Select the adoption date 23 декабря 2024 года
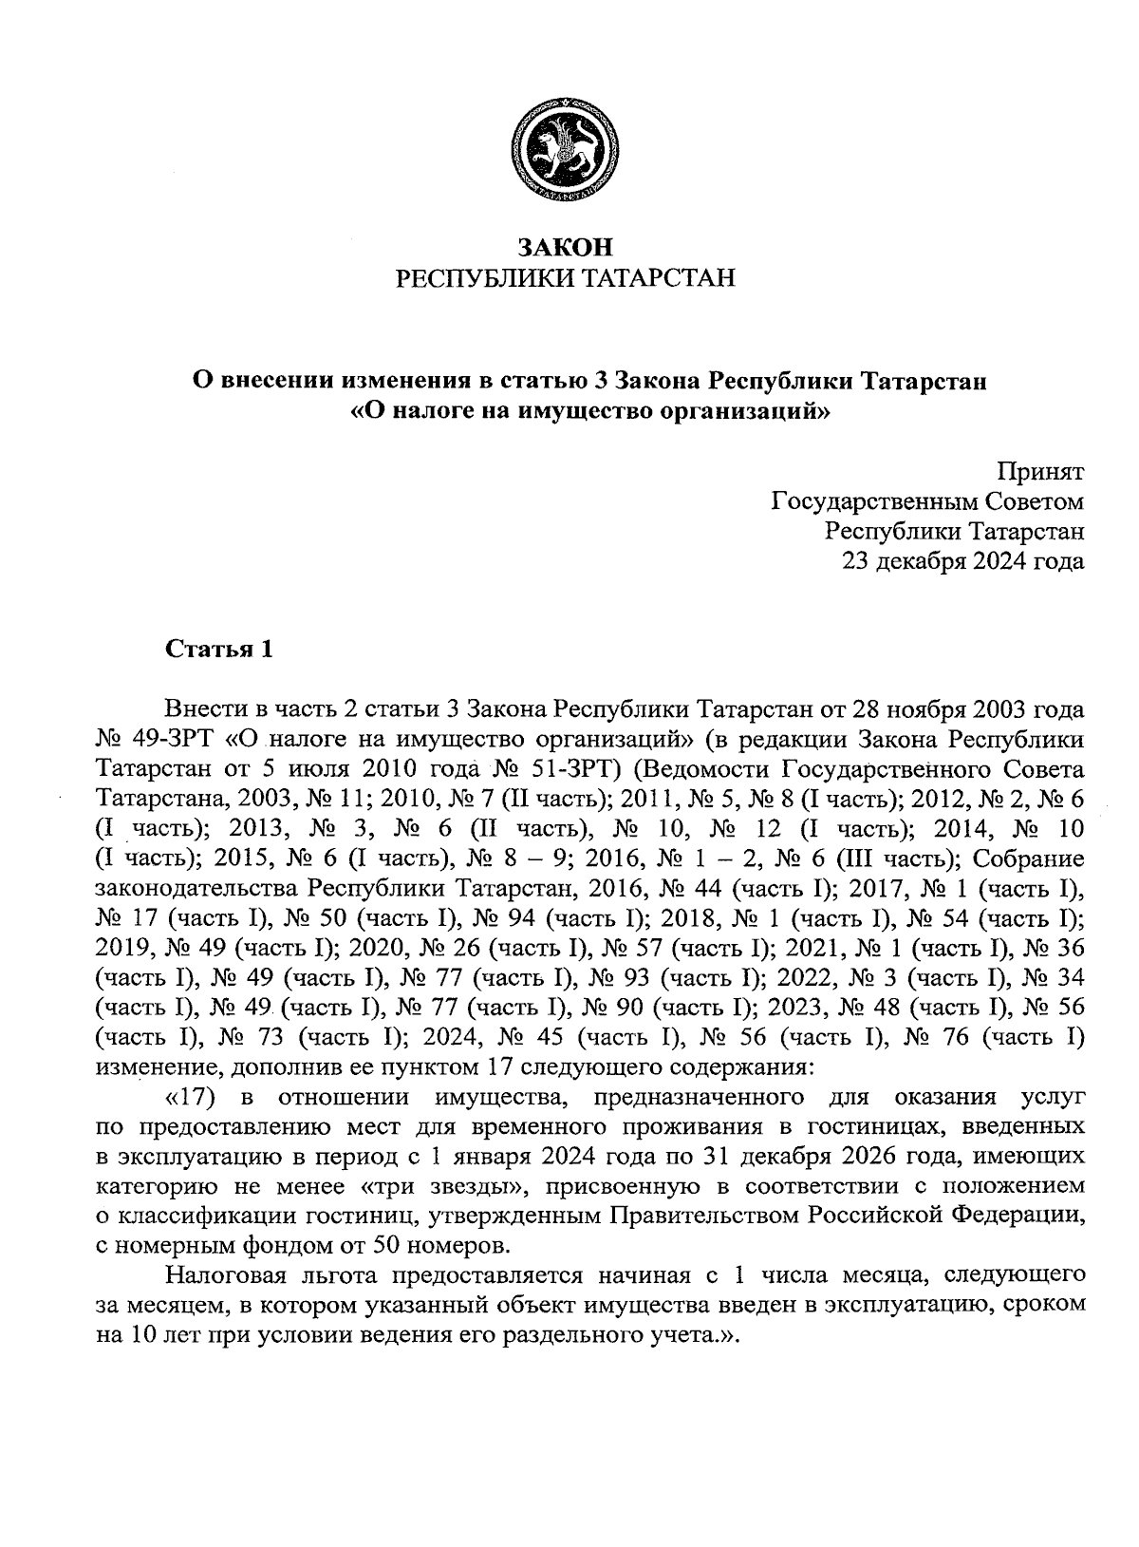click(963, 562)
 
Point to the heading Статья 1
click(219, 650)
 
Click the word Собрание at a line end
click(1029, 858)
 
